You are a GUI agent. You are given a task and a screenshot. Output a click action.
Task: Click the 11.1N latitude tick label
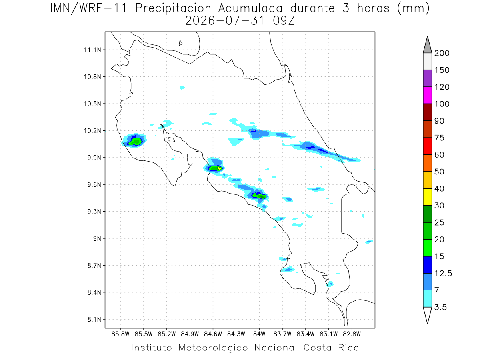tap(92, 50)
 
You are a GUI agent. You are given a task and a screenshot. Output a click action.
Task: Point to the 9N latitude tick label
tap(97, 238)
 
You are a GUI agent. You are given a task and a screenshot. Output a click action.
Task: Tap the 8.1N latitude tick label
tap(94, 319)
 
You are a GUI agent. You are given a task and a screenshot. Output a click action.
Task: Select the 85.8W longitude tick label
tap(120, 334)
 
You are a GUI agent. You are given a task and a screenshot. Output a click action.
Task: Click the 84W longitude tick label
tap(259, 334)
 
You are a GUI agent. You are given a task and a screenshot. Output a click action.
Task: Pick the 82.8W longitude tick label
tap(352, 334)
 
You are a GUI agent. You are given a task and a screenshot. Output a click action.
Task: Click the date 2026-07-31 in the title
tap(225, 21)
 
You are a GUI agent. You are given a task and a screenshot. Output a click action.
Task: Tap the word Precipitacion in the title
tap(173, 8)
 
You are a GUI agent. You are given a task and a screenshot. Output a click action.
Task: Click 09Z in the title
tap(284, 21)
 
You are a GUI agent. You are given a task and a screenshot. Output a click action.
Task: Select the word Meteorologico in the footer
tap(213, 348)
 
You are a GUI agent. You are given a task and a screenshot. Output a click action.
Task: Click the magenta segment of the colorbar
tap(427, 95)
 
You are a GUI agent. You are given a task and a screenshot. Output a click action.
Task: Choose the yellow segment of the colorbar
tap(427, 197)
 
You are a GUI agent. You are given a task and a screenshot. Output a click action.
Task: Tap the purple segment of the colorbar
tap(427, 78)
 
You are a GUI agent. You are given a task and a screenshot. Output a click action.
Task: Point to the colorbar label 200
tap(442, 53)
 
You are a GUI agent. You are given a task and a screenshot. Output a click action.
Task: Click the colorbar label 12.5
tap(443, 274)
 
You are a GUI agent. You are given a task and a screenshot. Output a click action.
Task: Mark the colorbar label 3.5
tap(440, 307)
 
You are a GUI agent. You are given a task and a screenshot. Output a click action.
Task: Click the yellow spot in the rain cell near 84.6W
tap(219, 168)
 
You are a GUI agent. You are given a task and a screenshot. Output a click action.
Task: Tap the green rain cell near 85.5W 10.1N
tap(135, 142)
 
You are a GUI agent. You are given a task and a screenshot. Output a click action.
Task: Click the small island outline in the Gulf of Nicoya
tap(172, 140)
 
